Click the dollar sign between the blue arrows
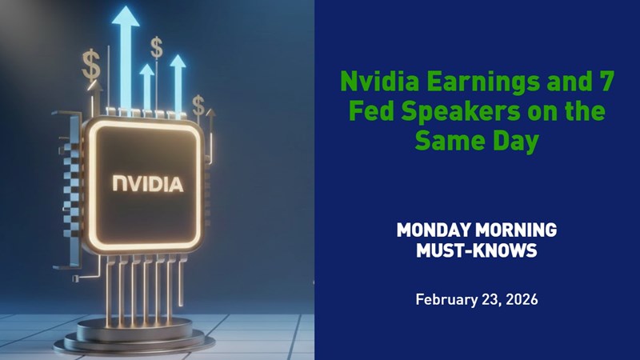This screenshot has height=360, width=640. (157, 47)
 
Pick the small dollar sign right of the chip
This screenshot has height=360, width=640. (199, 106)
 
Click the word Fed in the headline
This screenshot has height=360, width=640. (367, 112)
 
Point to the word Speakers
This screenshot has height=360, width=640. (448, 112)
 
